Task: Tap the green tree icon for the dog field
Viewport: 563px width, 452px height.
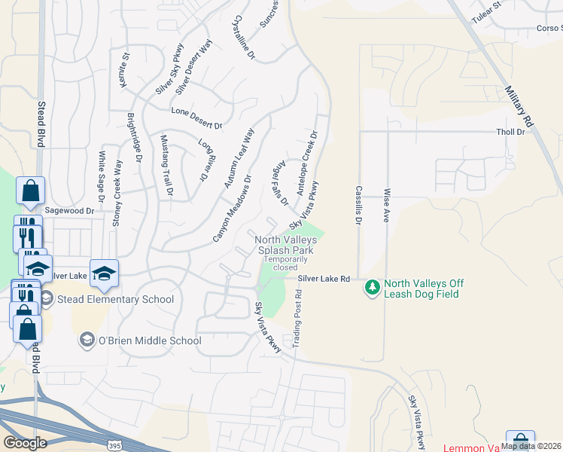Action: (x=372, y=287)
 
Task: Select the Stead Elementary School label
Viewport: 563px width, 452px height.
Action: (x=115, y=299)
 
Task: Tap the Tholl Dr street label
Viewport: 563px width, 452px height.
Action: (x=510, y=132)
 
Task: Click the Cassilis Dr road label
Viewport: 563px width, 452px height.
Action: (x=359, y=206)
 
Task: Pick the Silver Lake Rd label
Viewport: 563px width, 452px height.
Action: (x=324, y=279)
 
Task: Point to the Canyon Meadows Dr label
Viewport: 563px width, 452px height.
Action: (x=232, y=209)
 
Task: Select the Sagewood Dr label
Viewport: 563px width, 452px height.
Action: (x=73, y=212)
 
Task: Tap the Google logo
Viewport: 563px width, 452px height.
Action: (x=25, y=442)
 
